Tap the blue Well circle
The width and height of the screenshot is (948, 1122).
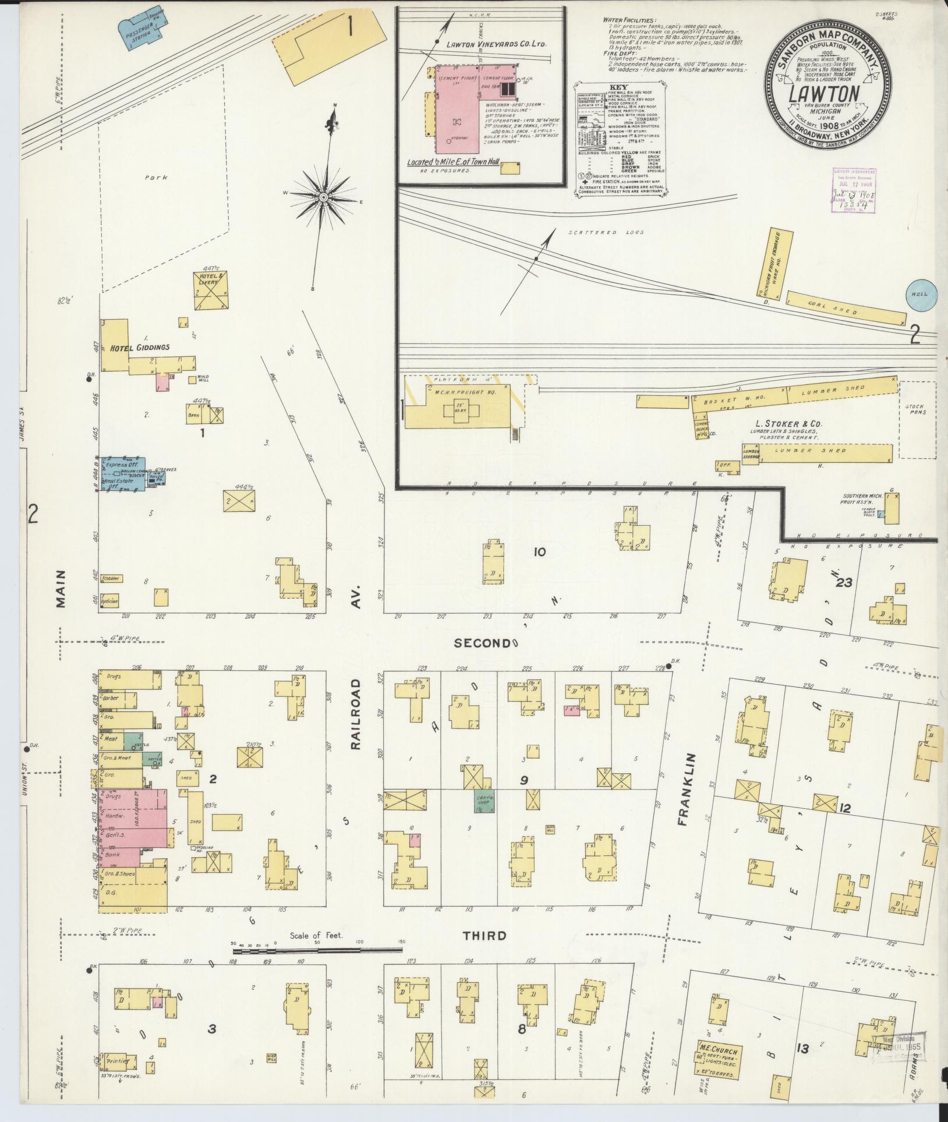921,295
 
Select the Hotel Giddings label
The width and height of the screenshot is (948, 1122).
140,347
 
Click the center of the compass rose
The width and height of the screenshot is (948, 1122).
322,198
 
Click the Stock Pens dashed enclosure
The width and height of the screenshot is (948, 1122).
916,420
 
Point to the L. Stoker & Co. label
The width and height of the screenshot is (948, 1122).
793,424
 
